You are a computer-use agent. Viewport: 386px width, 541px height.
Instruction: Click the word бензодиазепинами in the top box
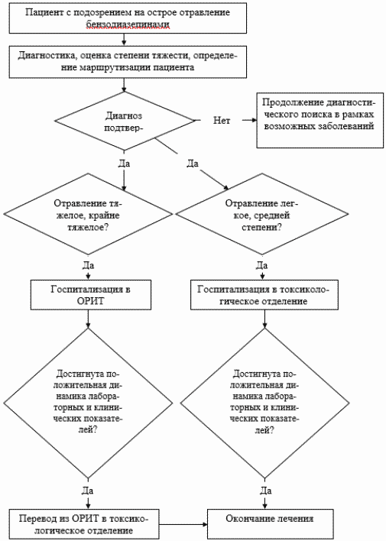pyautogui.click(x=128, y=24)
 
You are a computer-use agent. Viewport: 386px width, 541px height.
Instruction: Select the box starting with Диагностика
pyautogui.click(x=128, y=61)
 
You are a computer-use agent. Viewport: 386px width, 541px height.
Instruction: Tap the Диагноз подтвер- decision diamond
pyautogui.click(x=125, y=121)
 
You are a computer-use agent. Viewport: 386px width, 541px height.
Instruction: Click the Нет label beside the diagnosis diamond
pyautogui.click(x=222, y=121)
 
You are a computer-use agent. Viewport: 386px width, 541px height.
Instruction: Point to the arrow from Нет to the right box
pyautogui.click(x=250, y=121)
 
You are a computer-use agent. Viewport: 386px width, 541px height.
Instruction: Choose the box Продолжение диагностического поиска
pyautogui.click(x=320, y=121)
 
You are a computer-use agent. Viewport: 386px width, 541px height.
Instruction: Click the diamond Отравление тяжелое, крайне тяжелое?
pyautogui.click(x=88, y=214)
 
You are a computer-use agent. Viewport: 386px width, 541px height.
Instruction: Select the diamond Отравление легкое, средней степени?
pyautogui.click(x=261, y=214)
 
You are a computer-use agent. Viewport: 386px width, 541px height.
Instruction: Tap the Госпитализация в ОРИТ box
pyautogui.click(x=91, y=295)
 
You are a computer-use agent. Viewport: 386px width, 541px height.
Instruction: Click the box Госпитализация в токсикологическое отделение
pyautogui.click(x=264, y=295)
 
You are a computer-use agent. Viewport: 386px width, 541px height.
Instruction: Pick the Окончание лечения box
pyautogui.click(x=270, y=524)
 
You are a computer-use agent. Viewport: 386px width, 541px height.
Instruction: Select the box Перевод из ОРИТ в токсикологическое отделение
pyautogui.click(x=83, y=524)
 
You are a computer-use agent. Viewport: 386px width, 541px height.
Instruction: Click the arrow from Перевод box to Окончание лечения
pyautogui.click(x=183, y=525)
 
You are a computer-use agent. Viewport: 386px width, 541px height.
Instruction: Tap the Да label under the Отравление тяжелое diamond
pyautogui.click(x=88, y=265)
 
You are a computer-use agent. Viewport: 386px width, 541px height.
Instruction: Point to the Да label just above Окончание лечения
pyautogui.click(x=265, y=491)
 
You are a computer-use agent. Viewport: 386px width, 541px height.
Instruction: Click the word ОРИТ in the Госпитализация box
pyautogui.click(x=91, y=301)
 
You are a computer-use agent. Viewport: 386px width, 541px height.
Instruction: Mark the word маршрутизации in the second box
pyautogui.click(x=115, y=67)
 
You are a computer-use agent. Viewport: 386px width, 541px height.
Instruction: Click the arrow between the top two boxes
pyautogui.click(x=124, y=40)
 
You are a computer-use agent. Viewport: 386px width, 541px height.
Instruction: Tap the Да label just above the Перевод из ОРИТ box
pyautogui.click(x=88, y=491)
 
